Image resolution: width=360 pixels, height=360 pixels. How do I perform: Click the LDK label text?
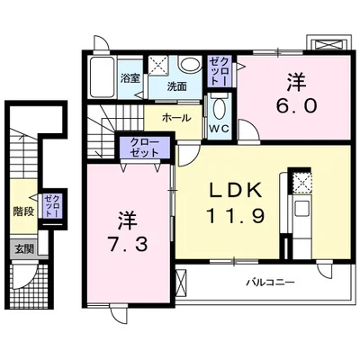click(235, 190)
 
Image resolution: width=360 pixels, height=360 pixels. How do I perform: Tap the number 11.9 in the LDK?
click(236, 215)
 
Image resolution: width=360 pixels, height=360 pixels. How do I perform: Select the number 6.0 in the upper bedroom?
click(296, 105)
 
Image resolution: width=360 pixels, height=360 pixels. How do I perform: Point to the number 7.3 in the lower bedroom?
click(128, 246)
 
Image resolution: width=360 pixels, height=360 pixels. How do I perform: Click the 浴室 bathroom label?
click(130, 79)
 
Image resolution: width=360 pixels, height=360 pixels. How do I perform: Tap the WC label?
click(219, 129)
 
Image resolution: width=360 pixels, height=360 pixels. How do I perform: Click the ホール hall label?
click(176, 118)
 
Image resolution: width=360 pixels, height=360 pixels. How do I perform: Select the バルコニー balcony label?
click(270, 283)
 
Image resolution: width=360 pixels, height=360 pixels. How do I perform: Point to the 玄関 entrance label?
click(24, 248)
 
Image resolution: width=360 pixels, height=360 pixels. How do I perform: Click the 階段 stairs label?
click(23, 211)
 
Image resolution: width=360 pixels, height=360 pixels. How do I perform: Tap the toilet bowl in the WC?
click(220, 109)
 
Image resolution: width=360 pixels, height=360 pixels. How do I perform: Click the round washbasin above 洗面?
click(189, 65)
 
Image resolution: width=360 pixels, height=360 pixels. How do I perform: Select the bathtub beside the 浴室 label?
click(102, 77)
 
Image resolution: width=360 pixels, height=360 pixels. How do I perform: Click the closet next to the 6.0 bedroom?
click(220, 71)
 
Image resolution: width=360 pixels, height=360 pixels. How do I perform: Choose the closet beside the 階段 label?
click(52, 206)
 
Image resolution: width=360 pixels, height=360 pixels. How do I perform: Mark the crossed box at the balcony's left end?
click(181, 282)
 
